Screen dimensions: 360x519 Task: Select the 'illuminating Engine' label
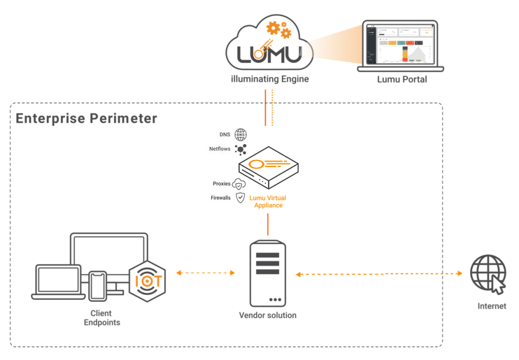point(269,80)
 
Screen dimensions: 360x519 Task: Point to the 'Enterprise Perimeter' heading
point(87,118)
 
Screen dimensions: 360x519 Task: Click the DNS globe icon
point(241,135)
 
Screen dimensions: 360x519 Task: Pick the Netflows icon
point(241,149)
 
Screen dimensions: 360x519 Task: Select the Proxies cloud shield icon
point(240,184)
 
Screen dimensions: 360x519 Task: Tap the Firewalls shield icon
point(240,198)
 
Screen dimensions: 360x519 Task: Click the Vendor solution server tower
point(268,273)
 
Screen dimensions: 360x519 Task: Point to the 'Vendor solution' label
point(268,316)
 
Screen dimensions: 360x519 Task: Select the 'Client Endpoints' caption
point(101,318)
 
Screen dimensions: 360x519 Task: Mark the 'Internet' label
point(492,306)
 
